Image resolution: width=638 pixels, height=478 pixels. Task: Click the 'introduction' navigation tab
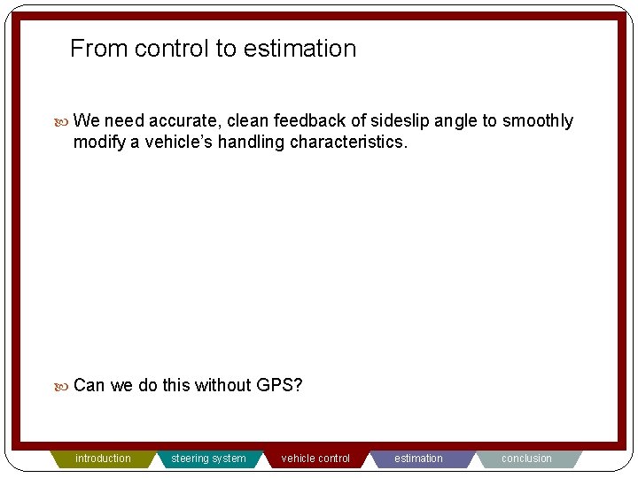(103, 459)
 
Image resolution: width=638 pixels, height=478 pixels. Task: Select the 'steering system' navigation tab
(208, 459)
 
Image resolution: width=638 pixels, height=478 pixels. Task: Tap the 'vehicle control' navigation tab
(315, 459)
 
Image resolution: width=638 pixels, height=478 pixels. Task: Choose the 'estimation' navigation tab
(418, 459)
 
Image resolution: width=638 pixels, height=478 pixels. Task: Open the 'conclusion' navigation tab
(526, 459)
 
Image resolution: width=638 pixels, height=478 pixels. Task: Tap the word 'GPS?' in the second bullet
(280, 385)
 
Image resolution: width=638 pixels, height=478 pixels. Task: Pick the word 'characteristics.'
(349, 143)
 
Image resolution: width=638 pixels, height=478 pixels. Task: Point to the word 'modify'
(99, 143)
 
